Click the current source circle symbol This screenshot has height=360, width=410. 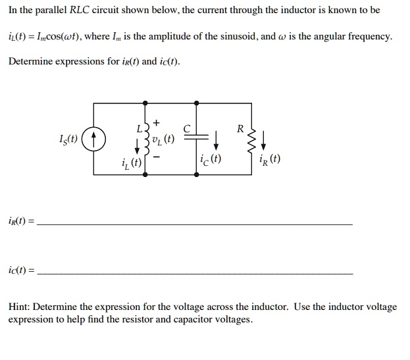pos(95,139)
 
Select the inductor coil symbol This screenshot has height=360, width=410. pos(145,139)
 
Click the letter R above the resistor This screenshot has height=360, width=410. pos(241,128)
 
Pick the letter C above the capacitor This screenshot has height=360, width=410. pos(188,129)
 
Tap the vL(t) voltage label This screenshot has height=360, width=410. pos(162,139)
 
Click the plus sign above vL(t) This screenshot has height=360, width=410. pos(155,123)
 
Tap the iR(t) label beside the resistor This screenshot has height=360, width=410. pos(270,159)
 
